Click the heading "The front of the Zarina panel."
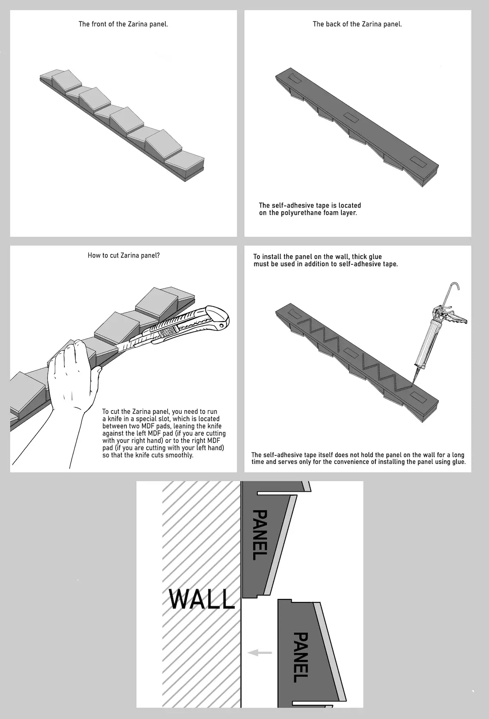point(123,24)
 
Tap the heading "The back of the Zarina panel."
point(357,24)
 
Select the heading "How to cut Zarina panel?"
point(124,256)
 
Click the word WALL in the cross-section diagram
point(202,599)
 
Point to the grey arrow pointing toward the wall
point(260,652)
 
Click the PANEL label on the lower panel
point(301,657)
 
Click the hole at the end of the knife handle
point(221,325)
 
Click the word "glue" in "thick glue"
point(375,257)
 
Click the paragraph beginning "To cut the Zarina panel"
point(164,433)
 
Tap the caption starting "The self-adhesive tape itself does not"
point(358,458)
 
